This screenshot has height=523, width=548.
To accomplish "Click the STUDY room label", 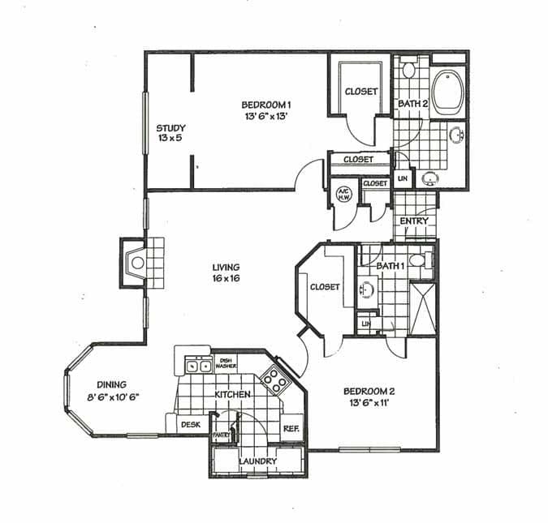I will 171,128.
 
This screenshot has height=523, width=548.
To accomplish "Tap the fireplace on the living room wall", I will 139,263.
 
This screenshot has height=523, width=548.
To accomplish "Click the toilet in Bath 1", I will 417,260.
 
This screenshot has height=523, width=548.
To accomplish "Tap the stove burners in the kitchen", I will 274,377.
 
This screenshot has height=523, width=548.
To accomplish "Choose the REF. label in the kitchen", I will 291,428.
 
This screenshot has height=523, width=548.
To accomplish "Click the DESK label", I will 190,424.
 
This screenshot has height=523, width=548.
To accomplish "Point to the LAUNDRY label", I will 258,461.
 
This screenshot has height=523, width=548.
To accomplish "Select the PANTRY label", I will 222,435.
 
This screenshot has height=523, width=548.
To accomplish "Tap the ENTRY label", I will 414,221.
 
